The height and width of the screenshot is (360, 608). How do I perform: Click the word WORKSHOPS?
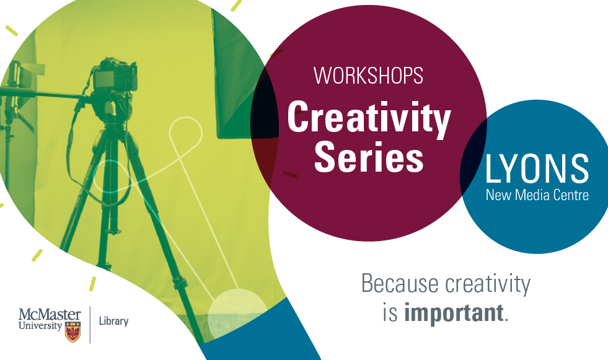tap(368, 76)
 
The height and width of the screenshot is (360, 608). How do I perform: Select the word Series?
tap(369, 156)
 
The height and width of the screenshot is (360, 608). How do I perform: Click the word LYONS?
tap(537, 169)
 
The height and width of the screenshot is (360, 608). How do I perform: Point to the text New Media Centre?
tap(537, 195)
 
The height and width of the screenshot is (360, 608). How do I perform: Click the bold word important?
tap(454, 313)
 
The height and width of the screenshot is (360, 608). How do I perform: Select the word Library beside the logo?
tap(113, 321)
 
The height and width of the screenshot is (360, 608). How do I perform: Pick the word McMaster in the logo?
tap(50, 314)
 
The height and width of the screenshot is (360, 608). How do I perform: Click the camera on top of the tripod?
tap(115, 75)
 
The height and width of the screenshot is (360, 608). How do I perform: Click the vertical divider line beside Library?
tap(90, 325)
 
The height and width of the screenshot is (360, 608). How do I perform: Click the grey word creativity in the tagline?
tap(488, 284)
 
